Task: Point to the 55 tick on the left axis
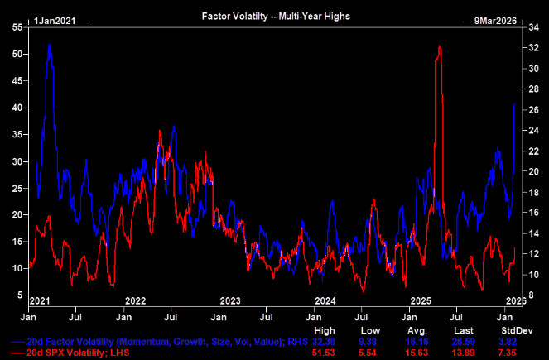(17, 28)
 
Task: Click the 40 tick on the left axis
(17, 108)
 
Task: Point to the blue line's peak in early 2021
(50, 45)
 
